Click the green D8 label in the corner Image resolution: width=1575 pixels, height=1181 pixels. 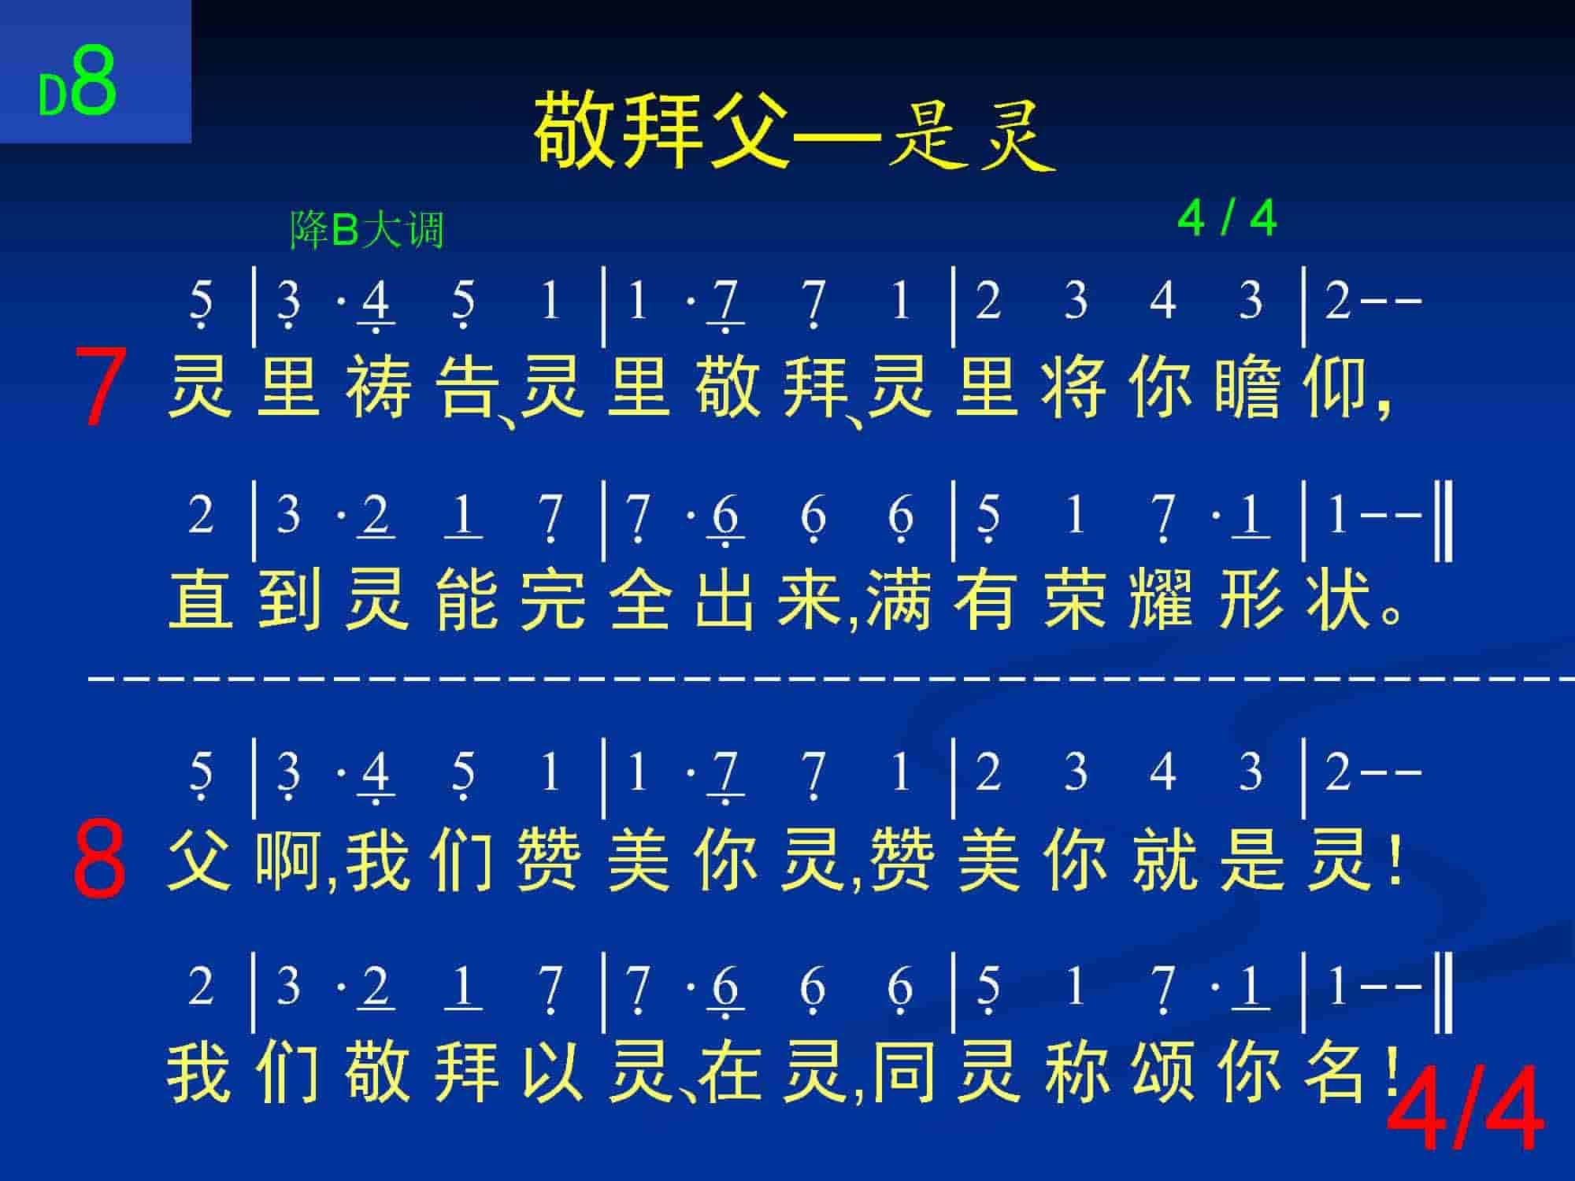77,83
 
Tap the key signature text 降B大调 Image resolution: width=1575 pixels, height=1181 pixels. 368,229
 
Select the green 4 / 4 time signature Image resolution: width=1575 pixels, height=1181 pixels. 1227,217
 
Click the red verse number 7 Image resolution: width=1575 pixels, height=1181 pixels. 100,387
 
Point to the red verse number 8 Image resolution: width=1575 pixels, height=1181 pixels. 99,858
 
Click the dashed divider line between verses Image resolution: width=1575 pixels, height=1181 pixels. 831,676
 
